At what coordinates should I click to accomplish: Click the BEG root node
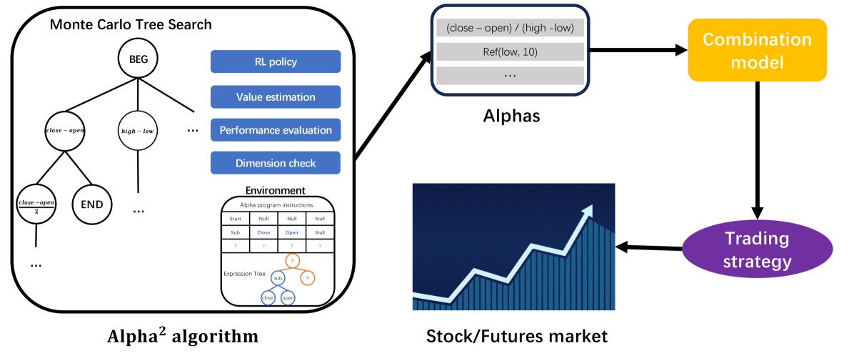(139, 59)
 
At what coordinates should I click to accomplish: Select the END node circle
(92, 204)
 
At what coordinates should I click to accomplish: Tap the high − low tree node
(139, 131)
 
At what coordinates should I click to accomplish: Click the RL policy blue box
(275, 61)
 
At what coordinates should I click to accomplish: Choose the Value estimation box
(275, 97)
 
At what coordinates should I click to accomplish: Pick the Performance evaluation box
(275, 130)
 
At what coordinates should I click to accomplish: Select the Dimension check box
(275, 163)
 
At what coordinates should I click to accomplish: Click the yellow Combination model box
(757, 50)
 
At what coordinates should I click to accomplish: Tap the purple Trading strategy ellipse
(757, 249)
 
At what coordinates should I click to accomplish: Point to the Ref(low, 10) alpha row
(509, 51)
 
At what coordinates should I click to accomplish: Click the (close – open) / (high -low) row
(509, 29)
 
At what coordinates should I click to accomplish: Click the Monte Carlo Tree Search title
(131, 24)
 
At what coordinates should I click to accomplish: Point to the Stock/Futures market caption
(517, 336)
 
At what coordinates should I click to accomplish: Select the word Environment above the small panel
(275, 190)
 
